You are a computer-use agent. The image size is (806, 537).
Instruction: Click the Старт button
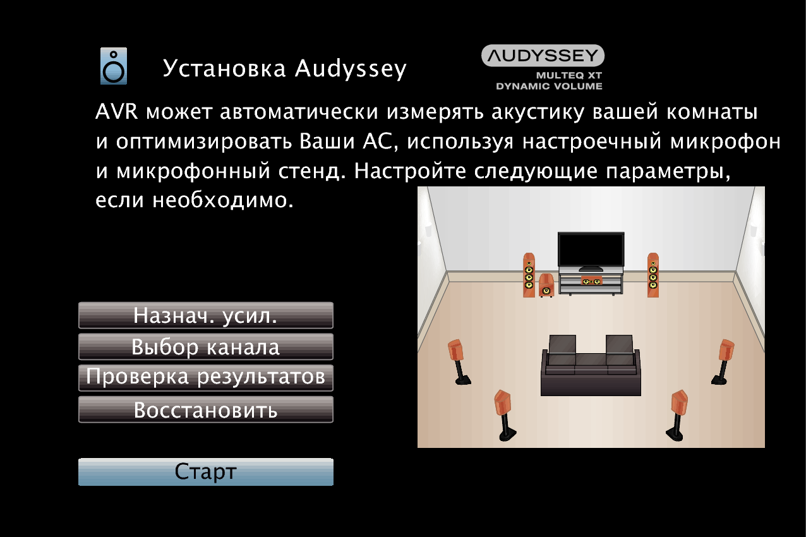point(206,471)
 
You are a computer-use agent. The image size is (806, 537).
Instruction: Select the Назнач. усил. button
point(206,315)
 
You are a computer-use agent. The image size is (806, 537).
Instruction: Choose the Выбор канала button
point(206,347)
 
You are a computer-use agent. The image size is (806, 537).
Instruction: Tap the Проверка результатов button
point(206,378)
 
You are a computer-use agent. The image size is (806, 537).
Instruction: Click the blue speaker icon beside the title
point(114,66)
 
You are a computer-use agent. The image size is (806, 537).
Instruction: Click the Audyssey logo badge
point(543,56)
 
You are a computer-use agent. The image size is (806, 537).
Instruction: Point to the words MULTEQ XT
point(569,76)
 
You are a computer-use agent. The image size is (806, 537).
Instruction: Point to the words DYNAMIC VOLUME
point(549,87)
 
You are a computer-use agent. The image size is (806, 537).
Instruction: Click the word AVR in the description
point(117,112)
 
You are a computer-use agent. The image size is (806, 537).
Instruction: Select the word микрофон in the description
point(725,142)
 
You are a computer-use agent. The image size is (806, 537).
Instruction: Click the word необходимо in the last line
point(223,200)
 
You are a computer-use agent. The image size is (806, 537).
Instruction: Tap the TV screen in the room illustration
point(591,249)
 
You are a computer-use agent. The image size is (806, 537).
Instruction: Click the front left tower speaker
point(529,275)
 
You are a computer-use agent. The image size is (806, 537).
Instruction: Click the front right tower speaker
point(653,275)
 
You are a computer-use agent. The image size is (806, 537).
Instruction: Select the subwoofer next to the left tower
point(546,286)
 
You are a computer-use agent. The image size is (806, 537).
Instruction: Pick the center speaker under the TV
point(591,281)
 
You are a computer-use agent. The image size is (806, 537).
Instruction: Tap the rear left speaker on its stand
point(505,415)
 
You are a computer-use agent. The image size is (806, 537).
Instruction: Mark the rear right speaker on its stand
point(677,415)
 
